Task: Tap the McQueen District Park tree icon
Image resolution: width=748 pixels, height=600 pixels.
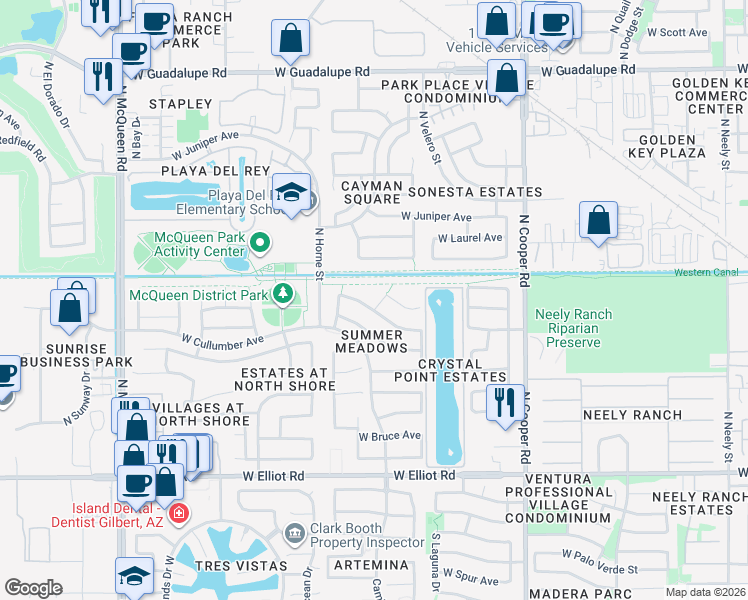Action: (x=283, y=293)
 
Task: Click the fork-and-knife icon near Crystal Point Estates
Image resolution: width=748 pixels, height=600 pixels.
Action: (x=501, y=401)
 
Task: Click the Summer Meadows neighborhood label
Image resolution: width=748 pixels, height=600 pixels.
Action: (x=373, y=341)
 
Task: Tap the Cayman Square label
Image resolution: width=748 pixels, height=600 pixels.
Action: (x=371, y=192)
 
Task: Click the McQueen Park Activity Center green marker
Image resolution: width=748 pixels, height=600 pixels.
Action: (x=261, y=242)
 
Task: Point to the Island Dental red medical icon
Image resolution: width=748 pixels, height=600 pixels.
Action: (x=178, y=515)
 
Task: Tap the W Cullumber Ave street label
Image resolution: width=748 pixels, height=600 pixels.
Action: (x=222, y=340)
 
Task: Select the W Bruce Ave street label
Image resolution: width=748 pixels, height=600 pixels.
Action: (x=390, y=436)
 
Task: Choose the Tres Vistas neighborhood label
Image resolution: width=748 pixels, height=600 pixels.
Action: (x=245, y=565)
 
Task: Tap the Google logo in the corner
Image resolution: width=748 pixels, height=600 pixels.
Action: (x=33, y=588)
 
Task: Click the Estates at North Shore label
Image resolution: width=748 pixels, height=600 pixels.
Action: (x=287, y=379)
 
